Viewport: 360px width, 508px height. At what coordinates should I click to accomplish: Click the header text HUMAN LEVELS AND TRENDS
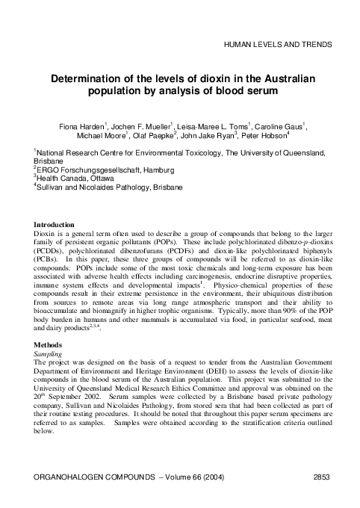coord(278,45)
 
